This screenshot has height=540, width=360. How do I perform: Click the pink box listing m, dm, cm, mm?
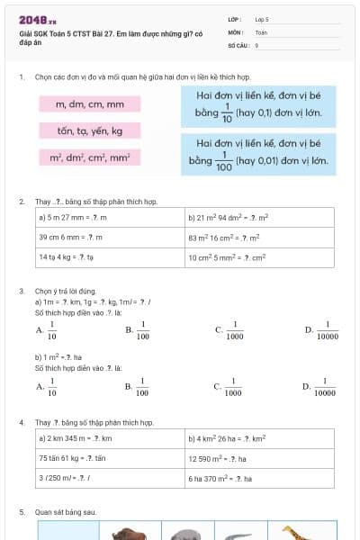(89, 104)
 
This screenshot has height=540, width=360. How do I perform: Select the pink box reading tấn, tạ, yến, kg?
(89, 130)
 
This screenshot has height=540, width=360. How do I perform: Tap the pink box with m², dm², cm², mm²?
(89, 157)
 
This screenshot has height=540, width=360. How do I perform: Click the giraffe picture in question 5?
(296, 532)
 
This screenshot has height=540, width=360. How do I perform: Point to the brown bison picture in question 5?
(130, 533)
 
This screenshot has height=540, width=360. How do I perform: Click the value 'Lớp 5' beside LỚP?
(262, 18)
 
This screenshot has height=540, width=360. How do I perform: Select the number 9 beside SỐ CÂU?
(256, 44)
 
